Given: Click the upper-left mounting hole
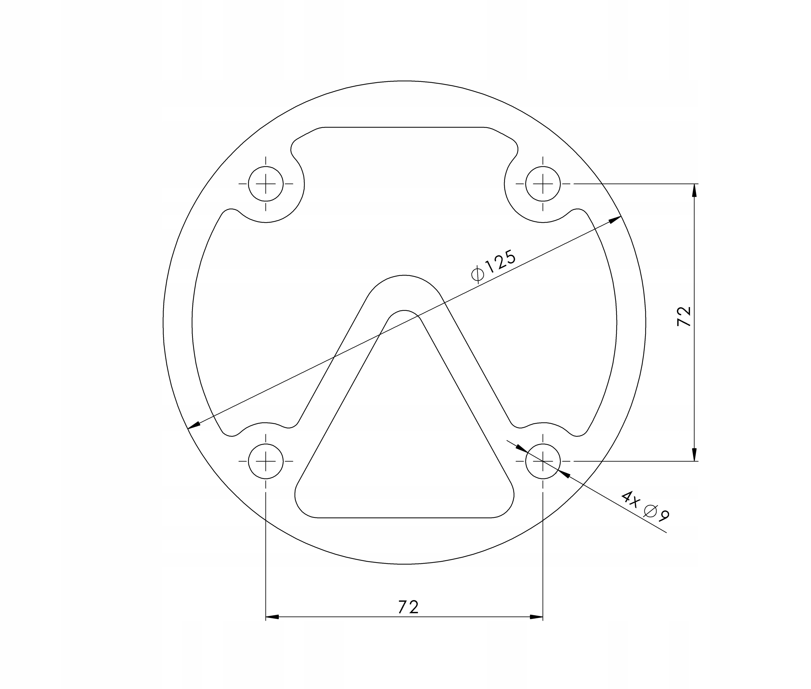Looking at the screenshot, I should pyautogui.click(x=266, y=184).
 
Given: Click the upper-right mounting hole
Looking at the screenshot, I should pyautogui.click(x=543, y=184).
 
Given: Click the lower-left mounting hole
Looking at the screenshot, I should pyautogui.click(x=266, y=461).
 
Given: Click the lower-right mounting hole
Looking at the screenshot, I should pyautogui.click(x=543, y=461).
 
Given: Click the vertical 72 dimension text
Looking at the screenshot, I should pyautogui.click(x=684, y=316).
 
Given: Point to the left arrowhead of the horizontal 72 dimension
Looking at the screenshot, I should pyautogui.click(x=272, y=617).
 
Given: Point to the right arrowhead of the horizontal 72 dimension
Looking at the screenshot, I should pyautogui.click(x=536, y=617).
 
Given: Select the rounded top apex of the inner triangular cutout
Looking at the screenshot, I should pyautogui.click(x=404, y=311).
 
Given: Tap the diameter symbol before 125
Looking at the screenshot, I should pyautogui.click(x=477, y=274).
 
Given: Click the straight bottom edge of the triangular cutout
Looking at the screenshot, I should pyautogui.click(x=404, y=517).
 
